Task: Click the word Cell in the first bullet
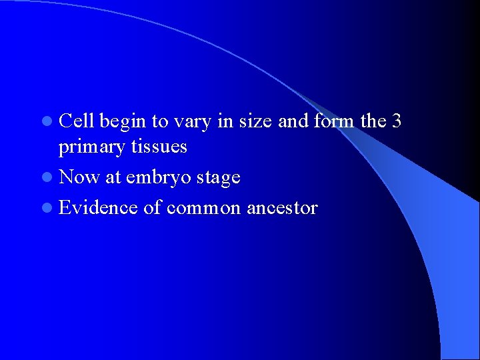(77, 121)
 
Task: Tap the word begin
(125, 122)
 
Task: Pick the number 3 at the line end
(397, 121)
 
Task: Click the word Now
(79, 177)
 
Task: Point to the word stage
(217, 178)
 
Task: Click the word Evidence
(99, 208)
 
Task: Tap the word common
(203, 208)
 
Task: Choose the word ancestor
(282, 208)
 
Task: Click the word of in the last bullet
(151, 208)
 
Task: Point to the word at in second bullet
(113, 178)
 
